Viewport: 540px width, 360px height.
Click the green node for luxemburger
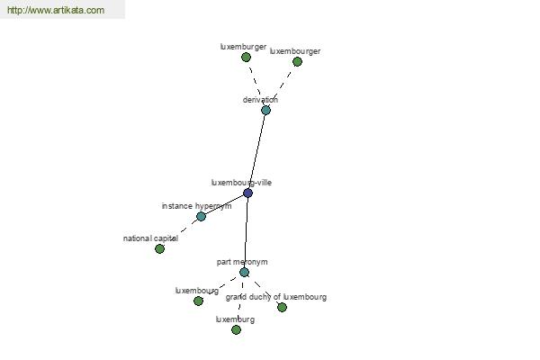pyautogui.click(x=246, y=58)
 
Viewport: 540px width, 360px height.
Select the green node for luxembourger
pyautogui.click(x=297, y=62)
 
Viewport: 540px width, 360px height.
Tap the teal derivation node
pyautogui.click(x=265, y=110)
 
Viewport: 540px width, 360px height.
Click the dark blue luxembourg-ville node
pyautogui.click(x=247, y=193)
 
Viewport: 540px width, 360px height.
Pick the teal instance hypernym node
pyautogui.click(x=201, y=216)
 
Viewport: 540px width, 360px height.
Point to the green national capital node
pyautogui.click(x=159, y=248)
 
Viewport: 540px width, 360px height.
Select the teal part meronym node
pyautogui.click(x=244, y=272)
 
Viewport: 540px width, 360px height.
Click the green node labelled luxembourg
pyautogui.click(x=198, y=301)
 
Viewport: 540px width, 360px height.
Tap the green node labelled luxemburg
pyautogui.click(x=236, y=330)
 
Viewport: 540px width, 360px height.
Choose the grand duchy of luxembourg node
pyautogui.click(x=282, y=307)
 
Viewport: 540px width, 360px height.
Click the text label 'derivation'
pyautogui.click(x=260, y=100)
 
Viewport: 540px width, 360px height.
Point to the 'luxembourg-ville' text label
pyautogui.click(x=241, y=183)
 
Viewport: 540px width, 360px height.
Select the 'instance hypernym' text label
pyautogui.click(x=196, y=206)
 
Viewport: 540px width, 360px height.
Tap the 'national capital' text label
pyautogui.click(x=150, y=238)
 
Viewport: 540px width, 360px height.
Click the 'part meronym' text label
pyautogui.click(x=242, y=262)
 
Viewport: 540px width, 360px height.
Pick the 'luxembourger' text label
pyautogui.click(x=295, y=51)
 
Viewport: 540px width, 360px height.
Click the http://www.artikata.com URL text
pyautogui.click(x=56, y=10)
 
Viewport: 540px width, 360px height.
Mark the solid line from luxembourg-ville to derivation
pyautogui.click(x=256, y=151)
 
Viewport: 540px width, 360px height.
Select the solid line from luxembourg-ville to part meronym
pyautogui.click(x=246, y=232)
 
